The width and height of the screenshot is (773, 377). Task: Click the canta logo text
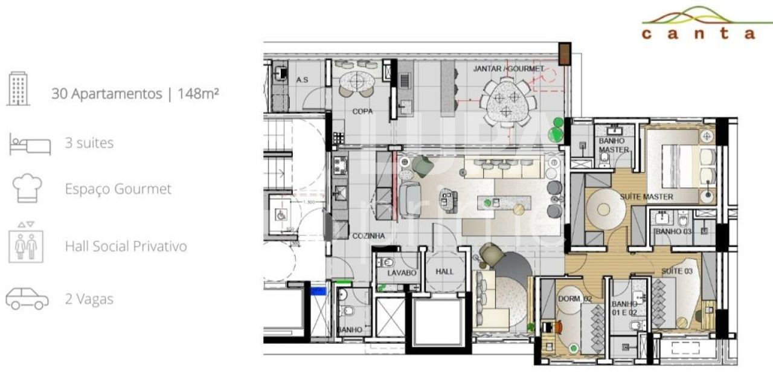click(698, 34)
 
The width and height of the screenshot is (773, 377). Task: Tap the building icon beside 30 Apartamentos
click(18, 88)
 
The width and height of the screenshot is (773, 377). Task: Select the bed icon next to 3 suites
click(30, 144)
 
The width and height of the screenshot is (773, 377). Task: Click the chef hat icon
click(28, 188)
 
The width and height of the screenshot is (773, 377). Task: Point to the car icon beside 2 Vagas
click(27, 298)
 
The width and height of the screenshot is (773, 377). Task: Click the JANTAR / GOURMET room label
click(508, 69)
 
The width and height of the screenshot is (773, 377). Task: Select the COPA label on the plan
click(362, 111)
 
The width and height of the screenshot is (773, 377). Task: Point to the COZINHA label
click(368, 236)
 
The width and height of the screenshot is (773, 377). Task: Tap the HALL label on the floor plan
click(444, 272)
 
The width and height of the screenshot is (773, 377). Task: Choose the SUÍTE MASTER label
click(646, 196)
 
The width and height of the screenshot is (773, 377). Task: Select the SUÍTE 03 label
click(676, 271)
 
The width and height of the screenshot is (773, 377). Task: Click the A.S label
click(303, 80)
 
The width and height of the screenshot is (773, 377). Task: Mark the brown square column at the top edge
click(564, 54)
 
